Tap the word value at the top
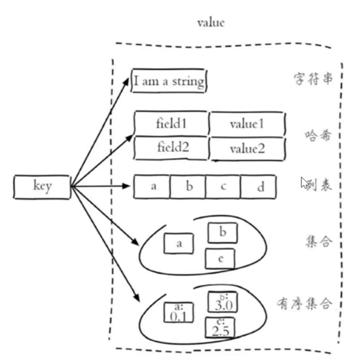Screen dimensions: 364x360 (211, 22)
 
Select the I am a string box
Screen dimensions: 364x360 (169, 81)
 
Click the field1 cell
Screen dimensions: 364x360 (171, 123)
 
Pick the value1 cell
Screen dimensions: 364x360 (246, 124)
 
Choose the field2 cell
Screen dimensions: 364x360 (171, 148)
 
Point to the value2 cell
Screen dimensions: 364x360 (246, 148)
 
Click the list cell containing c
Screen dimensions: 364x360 (223, 187)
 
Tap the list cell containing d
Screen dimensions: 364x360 (259, 187)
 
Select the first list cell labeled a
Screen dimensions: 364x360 (152, 187)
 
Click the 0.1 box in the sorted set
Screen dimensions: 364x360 (178, 313)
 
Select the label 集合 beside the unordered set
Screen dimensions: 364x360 (319, 241)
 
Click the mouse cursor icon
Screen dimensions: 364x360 (305, 182)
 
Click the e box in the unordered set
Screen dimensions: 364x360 (220, 259)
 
